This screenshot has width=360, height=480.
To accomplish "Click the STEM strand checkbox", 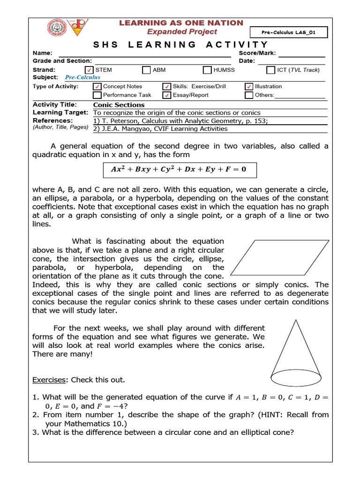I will point(90,70).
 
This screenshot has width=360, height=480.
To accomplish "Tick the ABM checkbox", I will point(146,70).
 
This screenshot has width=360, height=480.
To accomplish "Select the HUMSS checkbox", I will point(207,70).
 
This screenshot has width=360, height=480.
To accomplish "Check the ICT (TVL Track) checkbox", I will point(270,70).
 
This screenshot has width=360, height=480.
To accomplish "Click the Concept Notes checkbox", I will point(97,87).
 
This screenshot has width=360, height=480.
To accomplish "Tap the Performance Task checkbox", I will point(97,95).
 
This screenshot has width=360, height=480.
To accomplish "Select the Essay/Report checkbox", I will point(166,95).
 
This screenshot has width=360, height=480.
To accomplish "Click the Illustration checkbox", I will point(249,87).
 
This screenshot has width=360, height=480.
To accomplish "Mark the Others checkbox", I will point(249,95).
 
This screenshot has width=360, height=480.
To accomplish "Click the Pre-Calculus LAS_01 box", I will point(294,32).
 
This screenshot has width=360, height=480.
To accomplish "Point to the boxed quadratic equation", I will point(180,170).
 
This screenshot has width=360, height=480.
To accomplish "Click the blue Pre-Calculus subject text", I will point(82,77).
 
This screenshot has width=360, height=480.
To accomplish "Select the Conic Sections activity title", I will point(119,105).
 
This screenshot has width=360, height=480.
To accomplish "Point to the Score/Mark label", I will point(257,53).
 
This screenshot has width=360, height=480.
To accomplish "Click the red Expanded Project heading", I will point(182,31).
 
